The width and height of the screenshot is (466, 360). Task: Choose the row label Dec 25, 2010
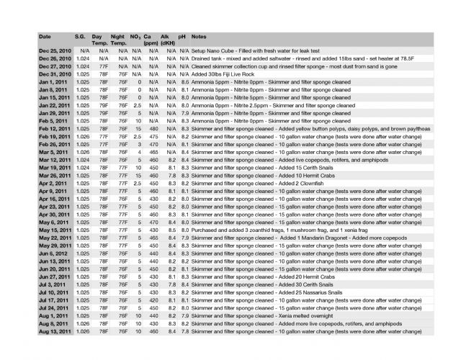pos(55,51)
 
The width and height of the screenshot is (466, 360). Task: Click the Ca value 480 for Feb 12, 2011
pos(152,127)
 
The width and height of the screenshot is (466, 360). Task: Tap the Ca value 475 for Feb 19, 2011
pos(152,135)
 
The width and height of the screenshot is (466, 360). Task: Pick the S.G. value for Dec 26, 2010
pos(84,58)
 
